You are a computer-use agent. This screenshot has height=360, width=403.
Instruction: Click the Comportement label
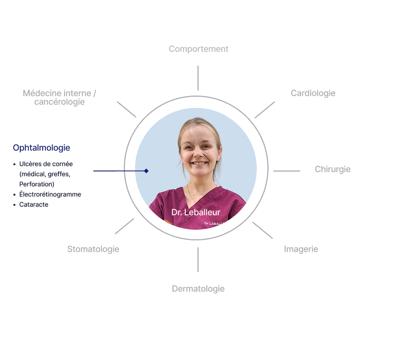pos(199,49)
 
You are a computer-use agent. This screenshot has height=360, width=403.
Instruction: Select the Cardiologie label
pos(313,93)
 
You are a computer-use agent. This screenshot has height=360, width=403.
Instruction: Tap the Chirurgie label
pos(333,169)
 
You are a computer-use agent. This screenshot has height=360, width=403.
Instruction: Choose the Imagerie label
pos(301,249)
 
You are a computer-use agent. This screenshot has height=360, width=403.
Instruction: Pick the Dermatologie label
pos(198,289)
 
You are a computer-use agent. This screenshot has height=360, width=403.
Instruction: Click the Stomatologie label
pos(93,249)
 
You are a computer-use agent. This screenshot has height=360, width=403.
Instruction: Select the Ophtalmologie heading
pos(42,148)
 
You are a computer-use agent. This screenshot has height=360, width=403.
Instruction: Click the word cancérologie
pos(59,102)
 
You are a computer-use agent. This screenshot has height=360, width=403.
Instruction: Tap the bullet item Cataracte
pos(34,205)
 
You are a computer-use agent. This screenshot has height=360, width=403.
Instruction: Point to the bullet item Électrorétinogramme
pos(50,194)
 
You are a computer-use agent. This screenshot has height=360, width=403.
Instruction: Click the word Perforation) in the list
pos(37,184)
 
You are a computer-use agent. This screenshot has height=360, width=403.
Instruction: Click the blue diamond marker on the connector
pos(146,171)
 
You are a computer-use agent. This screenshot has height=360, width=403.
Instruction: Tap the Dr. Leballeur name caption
pos(196,213)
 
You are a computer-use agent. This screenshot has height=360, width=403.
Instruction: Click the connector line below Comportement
pos(198,78)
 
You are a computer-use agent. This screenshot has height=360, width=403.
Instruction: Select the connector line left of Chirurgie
pos(287,171)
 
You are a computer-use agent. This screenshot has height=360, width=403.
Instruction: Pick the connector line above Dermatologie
pos(198,260)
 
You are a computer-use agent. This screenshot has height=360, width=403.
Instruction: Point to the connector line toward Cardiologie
pos(265,110)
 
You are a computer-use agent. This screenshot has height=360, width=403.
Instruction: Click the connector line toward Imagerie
pos(263,230)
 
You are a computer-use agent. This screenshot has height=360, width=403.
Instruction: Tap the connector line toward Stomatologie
pos(124,226)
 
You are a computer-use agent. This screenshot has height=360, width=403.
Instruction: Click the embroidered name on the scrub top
pos(214,223)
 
